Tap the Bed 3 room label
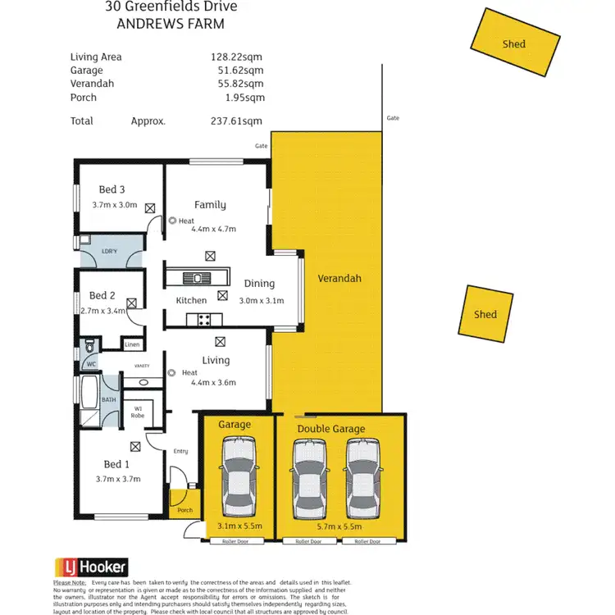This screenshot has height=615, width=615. (x=112, y=189)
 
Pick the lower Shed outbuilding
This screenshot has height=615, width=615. (x=485, y=314)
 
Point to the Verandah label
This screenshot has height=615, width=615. (x=339, y=278)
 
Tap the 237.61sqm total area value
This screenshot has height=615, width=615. (x=236, y=121)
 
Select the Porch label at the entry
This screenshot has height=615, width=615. (x=185, y=510)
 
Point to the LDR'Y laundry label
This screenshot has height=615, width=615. (x=109, y=252)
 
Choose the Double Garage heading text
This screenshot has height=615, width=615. (x=331, y=429)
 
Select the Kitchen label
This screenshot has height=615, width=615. (x=191, y=300)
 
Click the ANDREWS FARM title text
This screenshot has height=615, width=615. (x=171, y=25)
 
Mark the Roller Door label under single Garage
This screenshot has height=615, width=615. (x=235, y=542)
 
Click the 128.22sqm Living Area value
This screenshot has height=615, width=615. (x=237, y=57)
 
